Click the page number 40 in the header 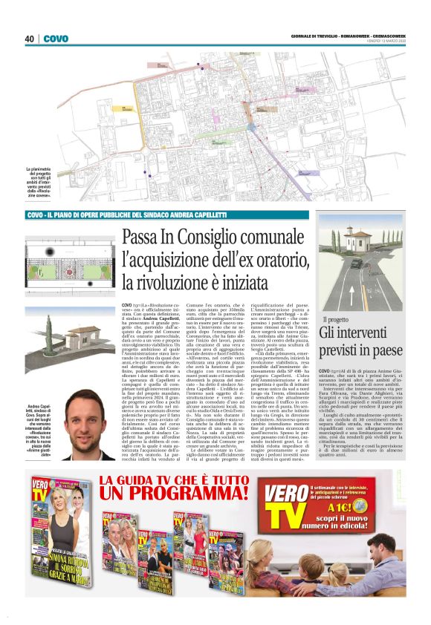pos(29,39)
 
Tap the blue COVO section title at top pos(56,39)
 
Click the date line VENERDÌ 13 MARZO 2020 pos(378,42)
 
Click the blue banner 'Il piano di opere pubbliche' pos(126,215)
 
